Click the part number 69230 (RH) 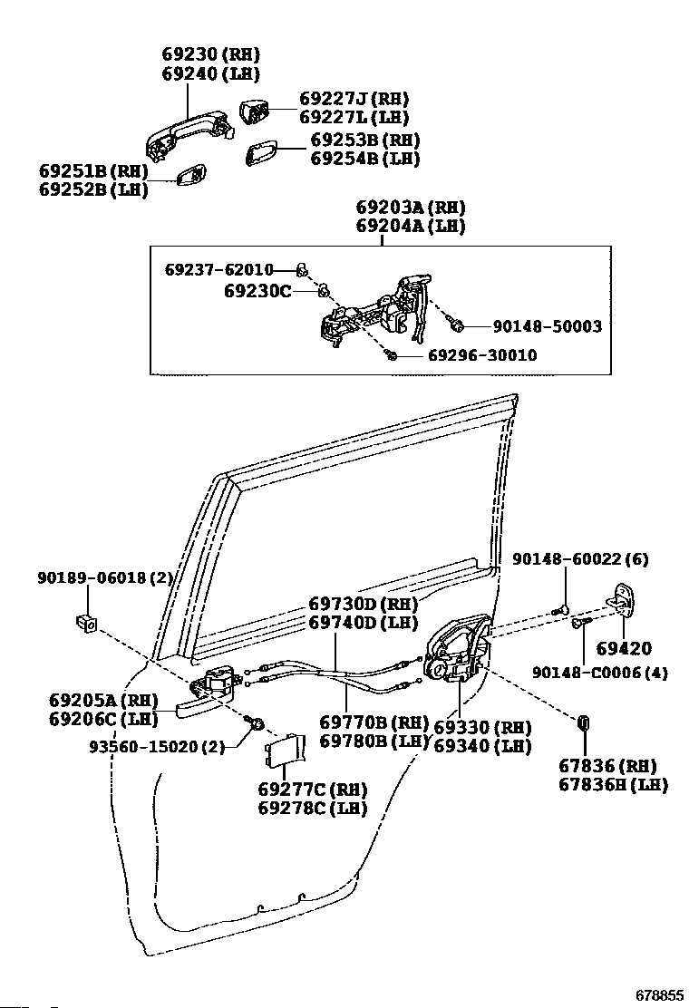pyautogui.click(x=210, y=54)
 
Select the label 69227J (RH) pyautogui.click(x=354, y=99)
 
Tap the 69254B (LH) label pyautogui.click(x=365, y=158)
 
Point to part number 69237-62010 pyautogui.click(x=219, y=269)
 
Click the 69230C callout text pyautogui.click(x=257, y=291)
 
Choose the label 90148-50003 pyautogui.click(x=547, y=326)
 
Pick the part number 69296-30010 pyautogui.click(x=482, y=354)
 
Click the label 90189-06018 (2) pyautogui.click(x=105, y=578)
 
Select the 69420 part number pyautogui.click(x=624, y=648)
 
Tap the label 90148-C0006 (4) pyautogui.click(x=599, y=673)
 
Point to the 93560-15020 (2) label pyautogui.click(x=157, y=746)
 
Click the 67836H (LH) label pyautogui.click(x=613, y=784)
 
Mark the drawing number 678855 pyautogui.click(x=659, y=994)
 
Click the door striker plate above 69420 pyautogui.click(x=622, y=597)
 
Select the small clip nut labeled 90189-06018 pyautogui.click(x=85, y=622)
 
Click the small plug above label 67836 pyautogui.click(x=585, y=722)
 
